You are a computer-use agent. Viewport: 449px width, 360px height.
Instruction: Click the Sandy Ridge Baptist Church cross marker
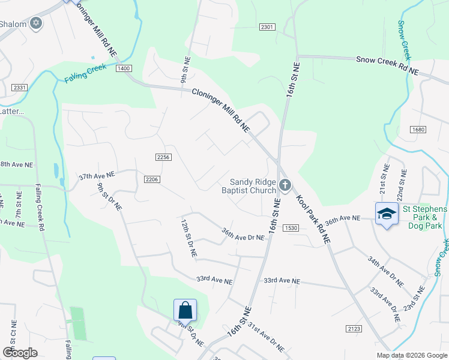(285, 185)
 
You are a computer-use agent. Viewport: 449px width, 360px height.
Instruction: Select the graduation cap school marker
(386, 214)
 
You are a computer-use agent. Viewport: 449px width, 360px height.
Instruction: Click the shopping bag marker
(185, 310)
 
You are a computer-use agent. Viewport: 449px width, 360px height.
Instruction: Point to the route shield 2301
(268, 27)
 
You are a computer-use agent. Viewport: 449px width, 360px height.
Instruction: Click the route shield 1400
(124, 69)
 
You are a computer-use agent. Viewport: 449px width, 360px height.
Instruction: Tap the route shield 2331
(19, 88)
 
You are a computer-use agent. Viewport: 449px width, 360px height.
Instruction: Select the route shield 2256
(163, 157)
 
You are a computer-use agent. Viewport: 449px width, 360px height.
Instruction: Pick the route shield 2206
(152, 179)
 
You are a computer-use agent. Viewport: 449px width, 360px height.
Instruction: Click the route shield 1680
(418, 130)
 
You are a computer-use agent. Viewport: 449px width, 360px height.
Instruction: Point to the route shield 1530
(292, 228)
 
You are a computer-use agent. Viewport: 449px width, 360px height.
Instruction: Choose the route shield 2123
(354, 328)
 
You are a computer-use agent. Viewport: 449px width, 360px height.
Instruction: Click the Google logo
(20, 353)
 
